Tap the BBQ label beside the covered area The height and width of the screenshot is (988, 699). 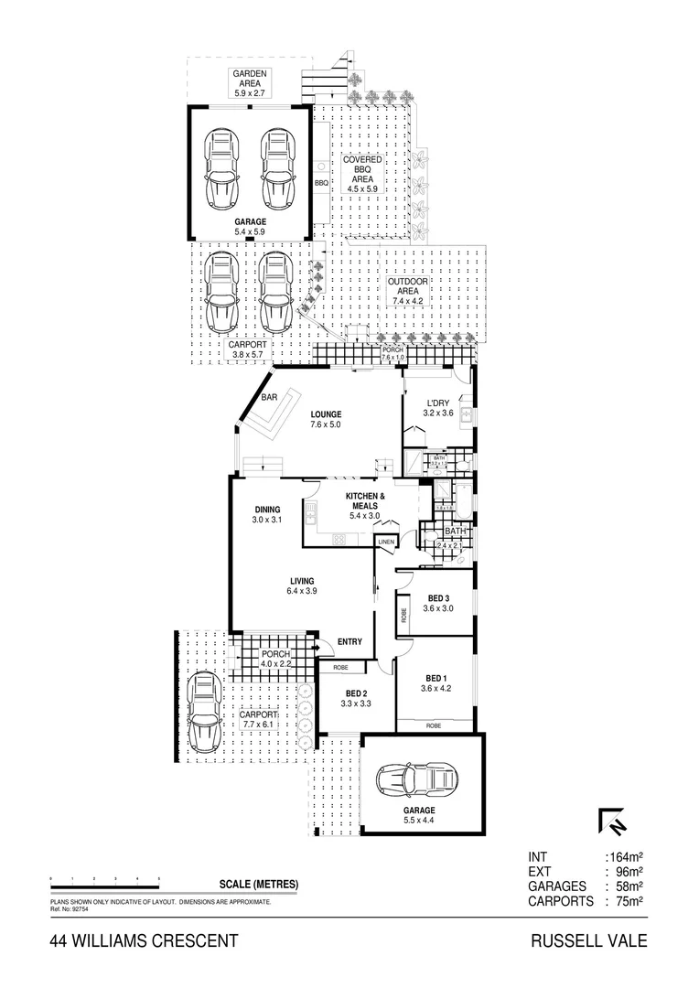(x=320, y=183)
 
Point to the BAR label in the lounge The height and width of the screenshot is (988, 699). (x=269, y=398)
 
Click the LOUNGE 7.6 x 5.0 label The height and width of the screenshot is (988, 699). (x=325, y=418)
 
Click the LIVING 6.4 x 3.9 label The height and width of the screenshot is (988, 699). (x=302, y=586)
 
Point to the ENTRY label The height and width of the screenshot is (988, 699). (x=349, y=642)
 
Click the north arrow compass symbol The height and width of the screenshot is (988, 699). (x=612, y=822)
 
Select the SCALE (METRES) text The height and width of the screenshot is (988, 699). (x=259, y=885)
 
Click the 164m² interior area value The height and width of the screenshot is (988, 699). (x=627, y=857)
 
